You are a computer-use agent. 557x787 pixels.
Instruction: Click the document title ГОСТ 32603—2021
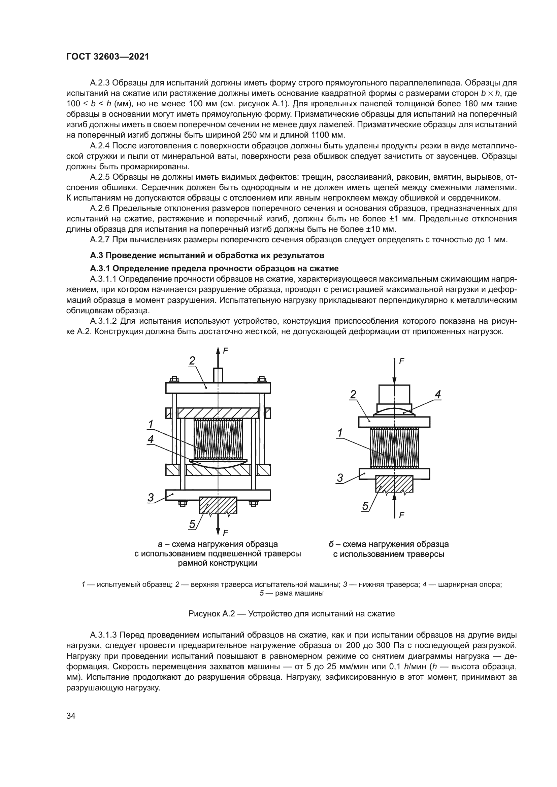pyautogui.click(x=108, y=57)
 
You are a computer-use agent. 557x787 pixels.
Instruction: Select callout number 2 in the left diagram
pyautogui.click(x=192, y=360)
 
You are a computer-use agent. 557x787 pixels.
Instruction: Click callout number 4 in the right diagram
pyautogui.click(x=438, y=395)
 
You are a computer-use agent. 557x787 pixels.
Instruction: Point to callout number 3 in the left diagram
pyautogui.click(x=151, y=497)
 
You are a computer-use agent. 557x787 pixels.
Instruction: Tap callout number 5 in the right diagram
pyautogui.click(x=366, y=506)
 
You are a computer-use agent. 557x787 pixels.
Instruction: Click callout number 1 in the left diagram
pyautogui.click(x=150, y=424)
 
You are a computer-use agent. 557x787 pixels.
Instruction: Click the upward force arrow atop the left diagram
pyautogui.click(x=218, y=356)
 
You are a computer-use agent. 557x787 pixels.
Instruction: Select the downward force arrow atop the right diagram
pyautogui.click(x=394, y=372)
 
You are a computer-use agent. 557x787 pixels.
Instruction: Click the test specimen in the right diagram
pyautogui.click(x=394, y=449)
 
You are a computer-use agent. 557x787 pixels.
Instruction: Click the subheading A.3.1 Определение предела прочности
pyautogui.click(x=214, y=269)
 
